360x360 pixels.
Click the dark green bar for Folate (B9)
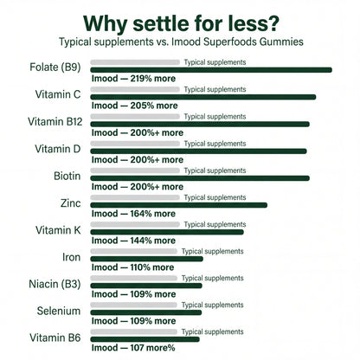211,70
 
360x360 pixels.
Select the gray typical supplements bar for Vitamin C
135,89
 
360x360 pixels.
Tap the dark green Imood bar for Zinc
179,205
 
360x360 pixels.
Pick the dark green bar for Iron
146,259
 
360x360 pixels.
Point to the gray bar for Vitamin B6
133,331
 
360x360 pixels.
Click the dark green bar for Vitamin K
167,232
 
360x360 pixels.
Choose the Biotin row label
67,176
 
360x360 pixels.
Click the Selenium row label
59,311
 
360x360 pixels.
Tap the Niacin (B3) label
55,284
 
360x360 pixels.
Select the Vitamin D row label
58,149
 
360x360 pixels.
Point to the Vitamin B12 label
55,122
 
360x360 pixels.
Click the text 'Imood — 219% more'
133,79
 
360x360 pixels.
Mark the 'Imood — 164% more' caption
133,214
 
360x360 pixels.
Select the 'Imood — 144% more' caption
133,241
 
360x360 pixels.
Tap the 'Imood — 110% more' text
132,267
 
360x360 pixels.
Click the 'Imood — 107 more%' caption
133,348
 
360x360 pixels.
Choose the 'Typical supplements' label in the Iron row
213,252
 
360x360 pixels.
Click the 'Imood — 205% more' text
135,106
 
